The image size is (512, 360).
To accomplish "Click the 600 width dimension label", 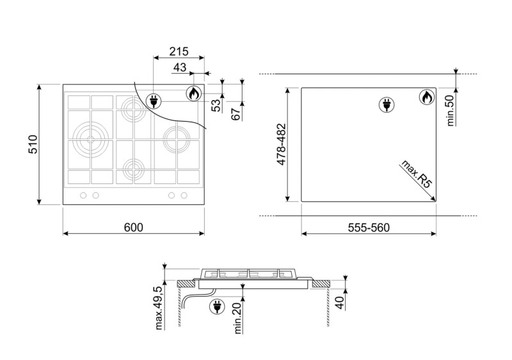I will pyautogui.click(x=133, y=227).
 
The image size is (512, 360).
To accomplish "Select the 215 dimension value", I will pyautogui.click(x=179, y=52).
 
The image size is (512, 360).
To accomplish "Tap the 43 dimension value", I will pyautogui.click(x=180, y=67).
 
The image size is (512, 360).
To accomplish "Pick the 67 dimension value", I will pyautogui.click(x=236, y=113).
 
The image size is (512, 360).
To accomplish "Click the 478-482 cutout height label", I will pyautogui.click(x=280, y=145).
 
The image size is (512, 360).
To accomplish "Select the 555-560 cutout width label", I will pyautogui.click(x=368, y=227).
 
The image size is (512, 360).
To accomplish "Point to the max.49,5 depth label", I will pyautogui.click(x=159, y=307).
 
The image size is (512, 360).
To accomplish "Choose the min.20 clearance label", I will pyautogui.click(x=237, y=318).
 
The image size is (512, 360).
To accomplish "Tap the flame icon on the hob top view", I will pyautogui.click(x=193, y=94).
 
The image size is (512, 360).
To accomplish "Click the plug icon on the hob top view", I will pyautogui.click(x=154, y=100).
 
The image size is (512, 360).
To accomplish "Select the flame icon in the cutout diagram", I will pyautogui.click(x=427, y=97).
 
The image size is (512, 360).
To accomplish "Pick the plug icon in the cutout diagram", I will pyautogui.click(x=386, y=104).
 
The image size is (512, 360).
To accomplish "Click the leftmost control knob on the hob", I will pyautogui.click(x=83, y=195).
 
